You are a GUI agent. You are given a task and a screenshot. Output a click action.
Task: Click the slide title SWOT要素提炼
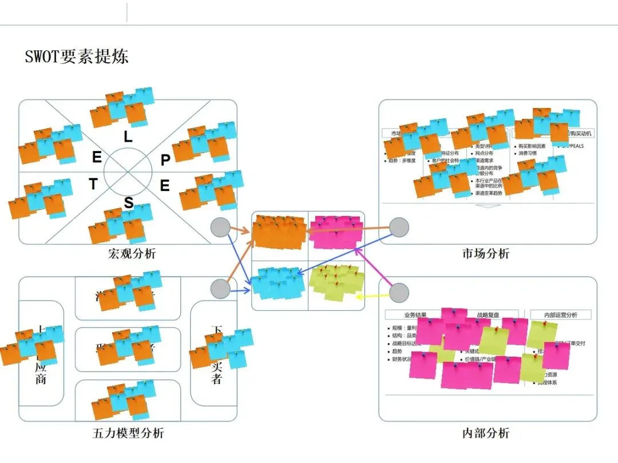click(x=77, y=56)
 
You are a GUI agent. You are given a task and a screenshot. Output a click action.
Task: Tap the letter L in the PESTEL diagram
click(x=128, y=137)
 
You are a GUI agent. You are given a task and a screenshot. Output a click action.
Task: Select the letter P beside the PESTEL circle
click(x=165, y=161)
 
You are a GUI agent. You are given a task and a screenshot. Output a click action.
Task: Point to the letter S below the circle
click(x=129, y=203)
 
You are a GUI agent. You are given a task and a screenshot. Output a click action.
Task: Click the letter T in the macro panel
click(x=93, y=184)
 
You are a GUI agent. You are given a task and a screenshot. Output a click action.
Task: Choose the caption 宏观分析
click(x=132, y=253)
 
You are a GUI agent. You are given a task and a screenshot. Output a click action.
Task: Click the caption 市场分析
click(x=486, y=253)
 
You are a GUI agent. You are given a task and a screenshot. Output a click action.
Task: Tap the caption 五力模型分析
click(x=128, y=433)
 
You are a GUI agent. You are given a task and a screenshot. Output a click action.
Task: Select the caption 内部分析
click(x=486, y=433)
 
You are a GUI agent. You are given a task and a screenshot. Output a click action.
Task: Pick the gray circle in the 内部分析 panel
click(x=399, y=293)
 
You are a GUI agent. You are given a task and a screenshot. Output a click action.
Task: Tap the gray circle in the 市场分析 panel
click(x=399, y=227)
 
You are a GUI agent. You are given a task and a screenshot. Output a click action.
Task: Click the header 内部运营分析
click(x=561, y=315)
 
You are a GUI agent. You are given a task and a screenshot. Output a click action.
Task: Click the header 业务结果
click(x=415, y=315)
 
